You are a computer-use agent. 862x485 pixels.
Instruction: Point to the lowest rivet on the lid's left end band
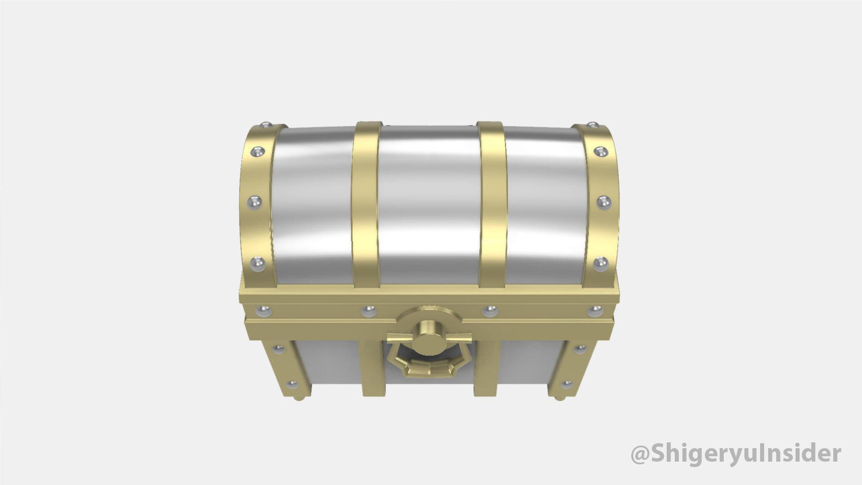257,262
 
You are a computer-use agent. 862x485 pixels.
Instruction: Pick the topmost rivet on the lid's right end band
594,125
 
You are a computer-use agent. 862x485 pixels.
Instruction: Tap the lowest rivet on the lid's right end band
599,262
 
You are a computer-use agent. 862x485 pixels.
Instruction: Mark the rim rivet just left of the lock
369,310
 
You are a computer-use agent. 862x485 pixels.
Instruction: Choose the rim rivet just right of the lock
490,310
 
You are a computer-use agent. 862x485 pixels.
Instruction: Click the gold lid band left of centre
365,202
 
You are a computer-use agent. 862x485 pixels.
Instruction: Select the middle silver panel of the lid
429,202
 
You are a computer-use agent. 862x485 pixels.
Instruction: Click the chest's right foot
559,398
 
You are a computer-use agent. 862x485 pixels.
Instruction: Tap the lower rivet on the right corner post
567,384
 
